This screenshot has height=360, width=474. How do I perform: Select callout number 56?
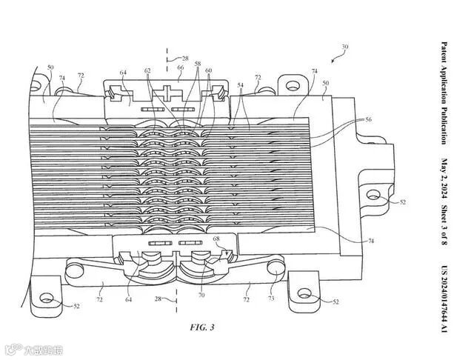coord(369,120)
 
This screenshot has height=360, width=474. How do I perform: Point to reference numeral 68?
coord(216,239)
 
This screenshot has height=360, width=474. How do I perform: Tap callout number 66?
coord(180,67)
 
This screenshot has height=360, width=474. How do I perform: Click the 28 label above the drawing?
coord(185,57)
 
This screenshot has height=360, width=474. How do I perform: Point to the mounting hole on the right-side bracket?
coord(372,196)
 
